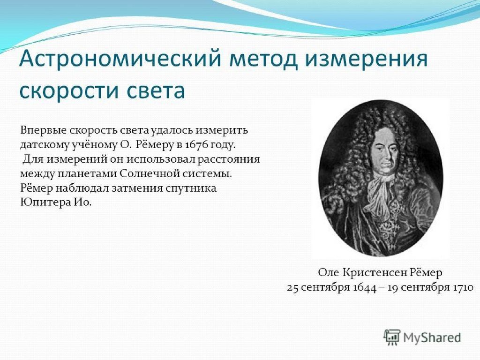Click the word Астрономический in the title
pos(120,59)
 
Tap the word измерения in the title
pos(367,59)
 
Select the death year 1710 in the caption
pos(463,287)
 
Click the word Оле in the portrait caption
pos(329,272)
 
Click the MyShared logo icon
pos(392,337)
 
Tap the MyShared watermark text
pos(432,337)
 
